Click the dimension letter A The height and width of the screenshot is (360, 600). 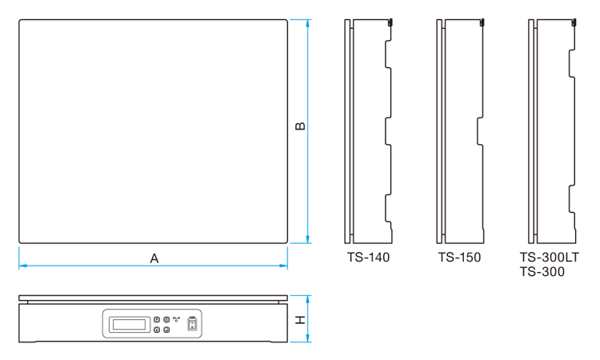click(x=154, y=258)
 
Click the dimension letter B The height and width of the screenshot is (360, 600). click(x=300, y=126)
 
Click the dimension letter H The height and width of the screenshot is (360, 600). click(x=301, y=319)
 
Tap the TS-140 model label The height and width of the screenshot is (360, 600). click(x=368, y=257)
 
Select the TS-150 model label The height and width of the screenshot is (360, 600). click(x=459, y=257)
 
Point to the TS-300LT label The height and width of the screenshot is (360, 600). click(x=549, y=257)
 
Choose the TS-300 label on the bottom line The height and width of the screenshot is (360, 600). click(x=542, y=272)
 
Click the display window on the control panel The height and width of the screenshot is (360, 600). click(x=130, y=325)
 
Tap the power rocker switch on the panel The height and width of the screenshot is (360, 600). click(x=192, y=324)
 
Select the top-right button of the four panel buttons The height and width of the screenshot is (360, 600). click(x=166, y=319)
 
